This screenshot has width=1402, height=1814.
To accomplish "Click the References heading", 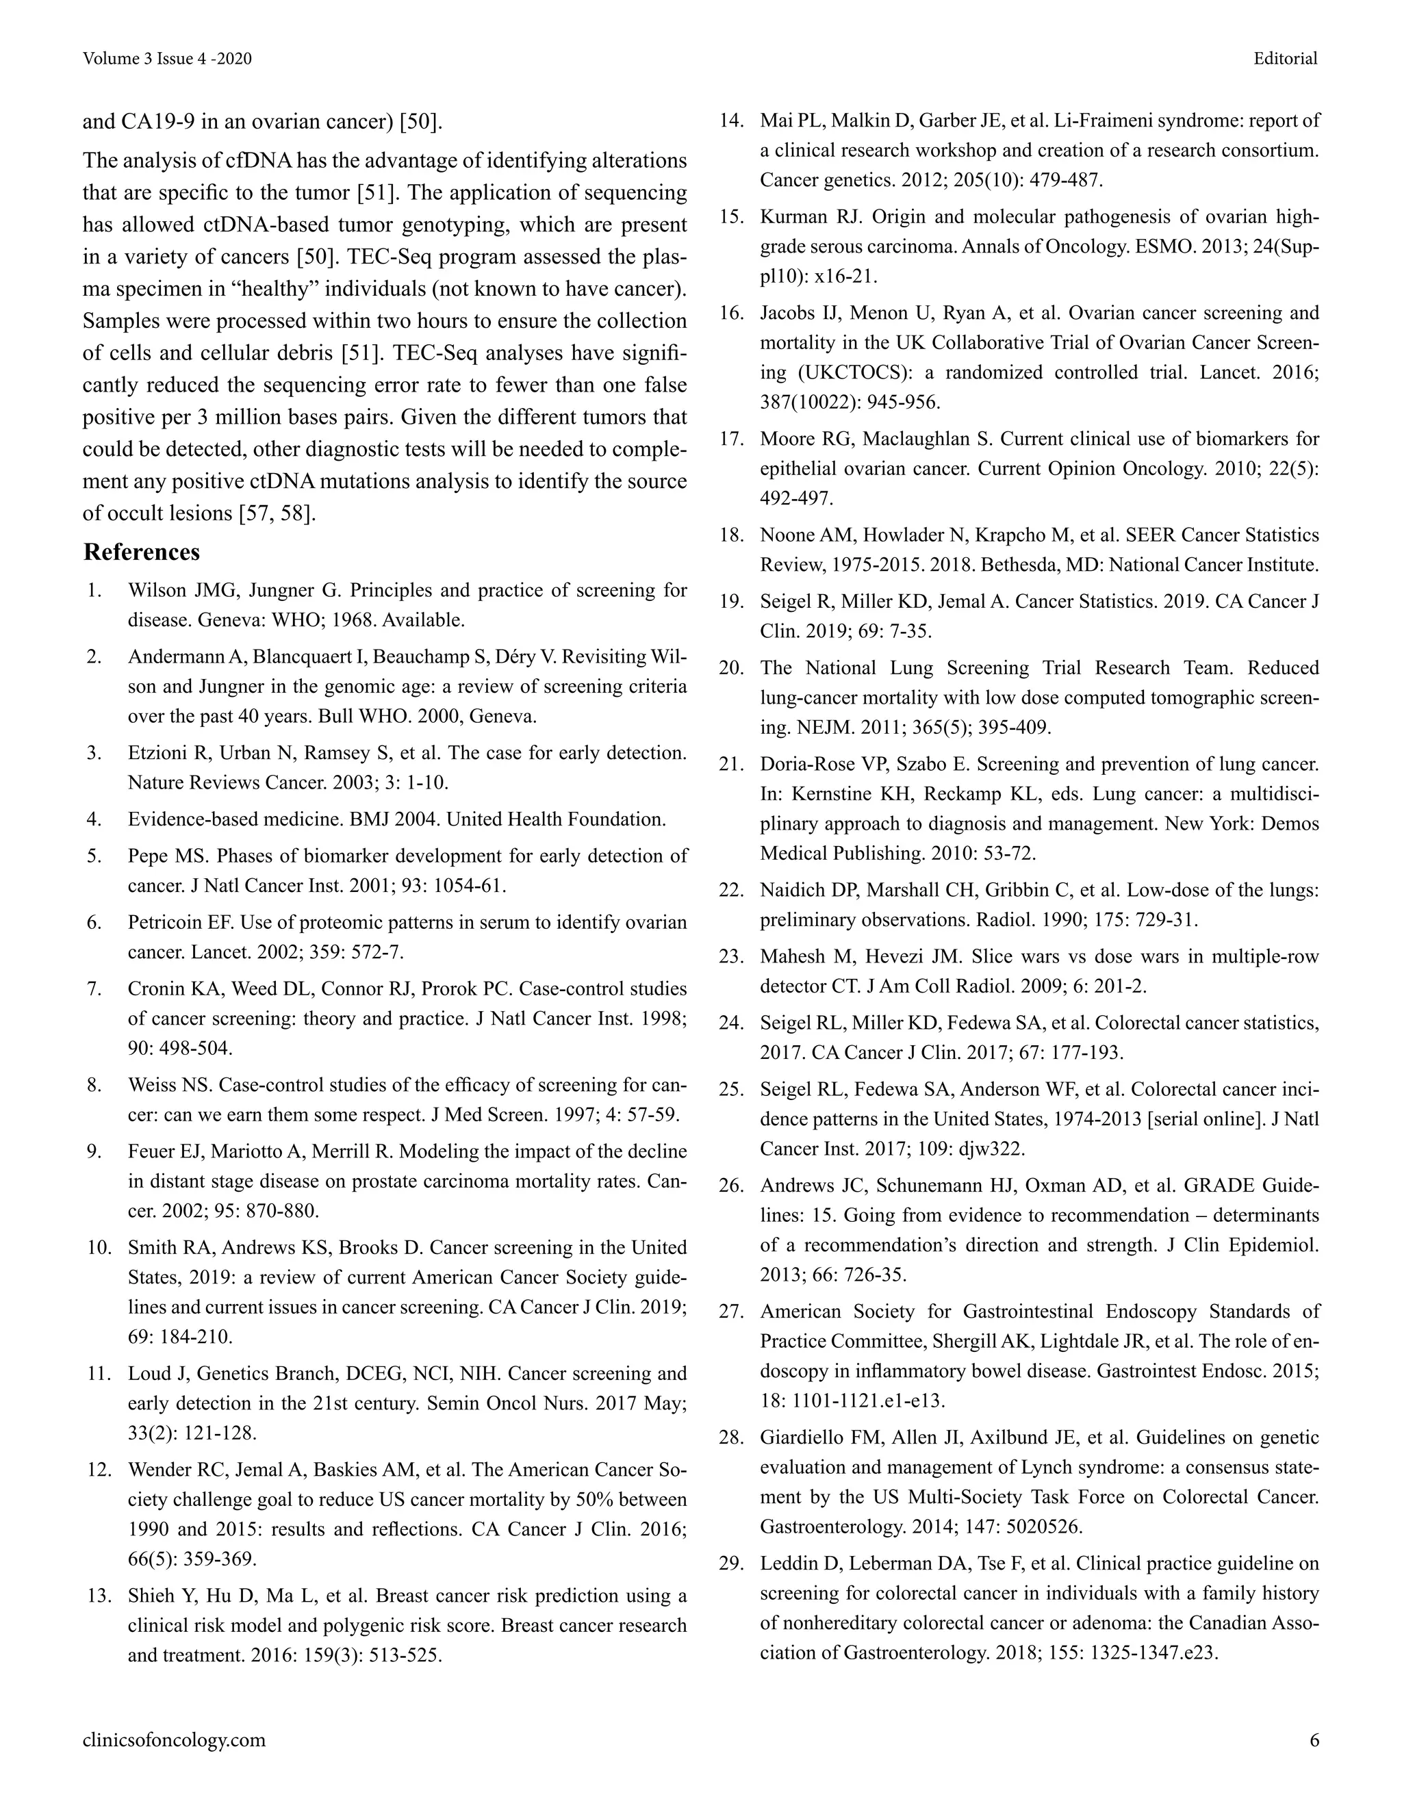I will point(141,552).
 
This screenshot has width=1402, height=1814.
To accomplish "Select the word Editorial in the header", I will point(1286,58).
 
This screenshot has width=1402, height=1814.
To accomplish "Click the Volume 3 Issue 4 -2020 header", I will point(167,58).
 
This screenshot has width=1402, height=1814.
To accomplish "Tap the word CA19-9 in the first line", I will point(160,122).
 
